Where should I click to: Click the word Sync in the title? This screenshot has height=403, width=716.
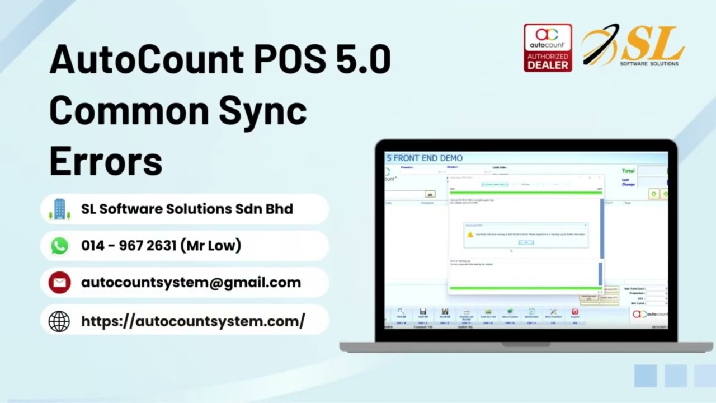[x=262, y=110]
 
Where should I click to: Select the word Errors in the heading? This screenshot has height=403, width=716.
[x=106, y=161]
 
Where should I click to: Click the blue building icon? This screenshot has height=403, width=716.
[x=59, y=209]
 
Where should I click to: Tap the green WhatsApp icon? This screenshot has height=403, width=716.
[x=59, y=246]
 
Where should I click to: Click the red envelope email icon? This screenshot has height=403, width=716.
[x=59, y=283]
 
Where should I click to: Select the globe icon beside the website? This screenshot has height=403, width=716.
[x=59, y=321]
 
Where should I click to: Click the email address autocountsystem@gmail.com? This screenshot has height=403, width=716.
[x=191, y=283]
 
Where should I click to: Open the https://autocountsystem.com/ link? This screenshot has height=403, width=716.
[x=193, y=321]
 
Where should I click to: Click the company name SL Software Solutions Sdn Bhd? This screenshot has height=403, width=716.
[x=187, y=209]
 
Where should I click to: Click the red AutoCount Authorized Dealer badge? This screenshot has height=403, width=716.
[x=548, y=48]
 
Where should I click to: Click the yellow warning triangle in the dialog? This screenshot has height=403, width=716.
[x=470, y=235]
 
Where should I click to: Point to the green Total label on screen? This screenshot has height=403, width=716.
[x=628, y=171]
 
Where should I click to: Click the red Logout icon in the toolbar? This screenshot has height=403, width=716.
[x=574, y=312]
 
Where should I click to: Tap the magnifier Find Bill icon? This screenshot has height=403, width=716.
[x=401, y=312]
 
